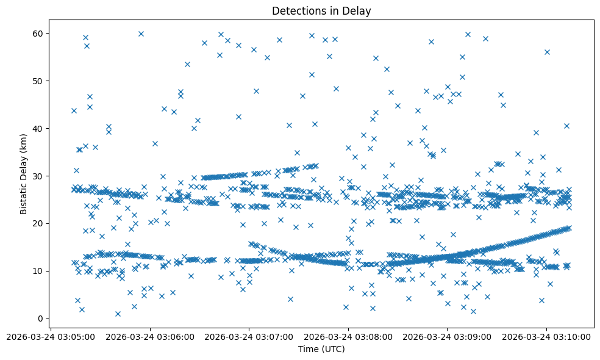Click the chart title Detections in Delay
pos(321,11)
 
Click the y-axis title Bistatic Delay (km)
pos(24,175)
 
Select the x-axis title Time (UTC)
pos(321,349)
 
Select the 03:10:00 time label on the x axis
pos(546,336)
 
